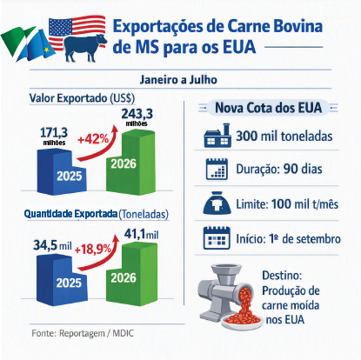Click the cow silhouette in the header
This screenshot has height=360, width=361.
(x=84, y=48)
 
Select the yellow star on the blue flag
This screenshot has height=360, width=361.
(x=46, y=50)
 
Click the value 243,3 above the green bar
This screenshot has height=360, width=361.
(x=137, y=114)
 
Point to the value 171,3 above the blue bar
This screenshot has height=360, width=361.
(x=54, y=133)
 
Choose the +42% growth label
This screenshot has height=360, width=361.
(x=93, y=139)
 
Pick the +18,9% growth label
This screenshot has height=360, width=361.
(x=93, y=250)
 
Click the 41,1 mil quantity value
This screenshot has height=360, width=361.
(x=142, y=234)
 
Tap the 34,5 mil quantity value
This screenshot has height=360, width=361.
(x=52, y=246)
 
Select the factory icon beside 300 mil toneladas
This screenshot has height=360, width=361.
(x=217, y=136)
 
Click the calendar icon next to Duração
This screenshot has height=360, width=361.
(x=217, y=169)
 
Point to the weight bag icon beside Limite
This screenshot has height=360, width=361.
(x=217, y=203)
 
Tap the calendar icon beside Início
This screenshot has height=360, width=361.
(x=217, y=238)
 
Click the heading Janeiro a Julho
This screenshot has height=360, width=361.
(x=178, y=80)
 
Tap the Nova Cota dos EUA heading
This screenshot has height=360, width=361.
(x=269, y=108)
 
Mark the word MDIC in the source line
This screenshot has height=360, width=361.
(x=123, y=333)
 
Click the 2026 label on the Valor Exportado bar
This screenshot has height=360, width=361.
(x=124, y=164)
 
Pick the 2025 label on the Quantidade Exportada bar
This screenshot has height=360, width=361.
(x=69, y=283)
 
